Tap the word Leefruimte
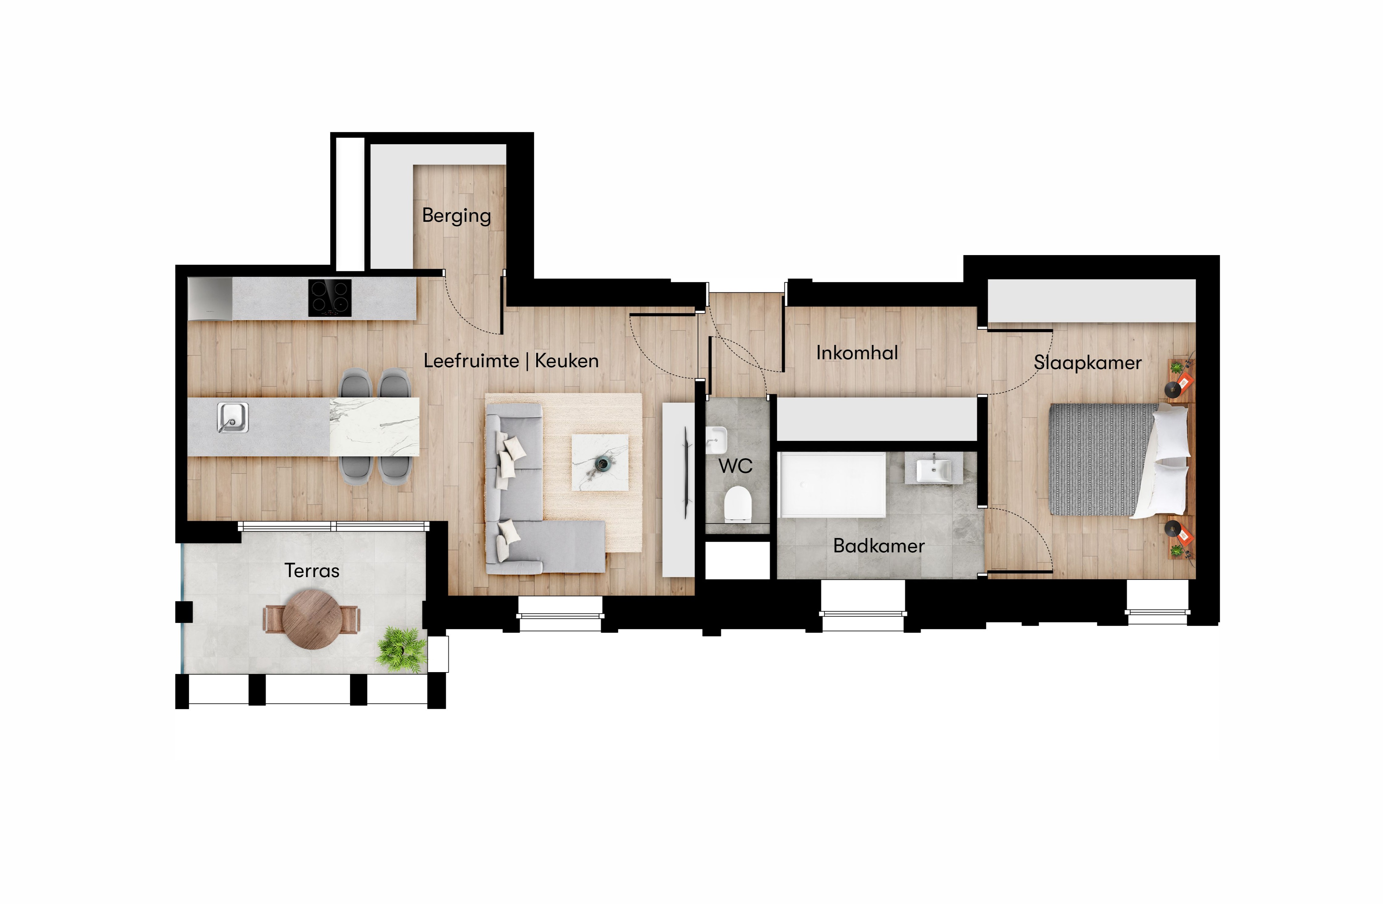click(471, 361)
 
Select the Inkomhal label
click(857, 353)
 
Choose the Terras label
click(312, 570)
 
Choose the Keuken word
click(567, 361)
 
